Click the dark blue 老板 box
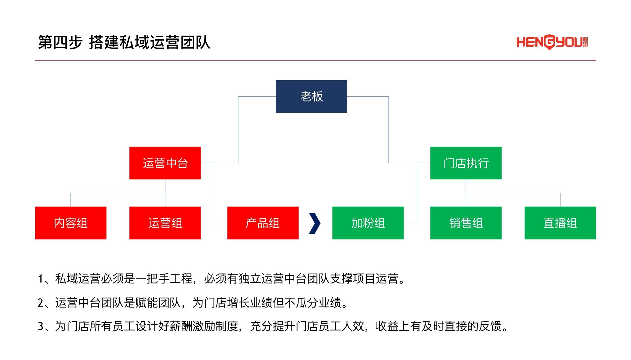[x=311, y=96]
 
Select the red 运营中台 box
[x=165, y=163]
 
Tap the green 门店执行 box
[x=466, y=163]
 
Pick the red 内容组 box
[x=71, y=223]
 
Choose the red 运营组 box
[x=165, y=223]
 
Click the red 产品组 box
[x=263, y=223]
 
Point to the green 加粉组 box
[x=368, y=223]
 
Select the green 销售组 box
[x=466, y=223]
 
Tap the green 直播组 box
[x=560, y=223]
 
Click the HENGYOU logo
[x=552, y=42]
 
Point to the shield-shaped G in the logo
[x=549, y=42]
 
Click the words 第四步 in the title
[x=60, y=42]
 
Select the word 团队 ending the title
[x=195, y=42]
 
